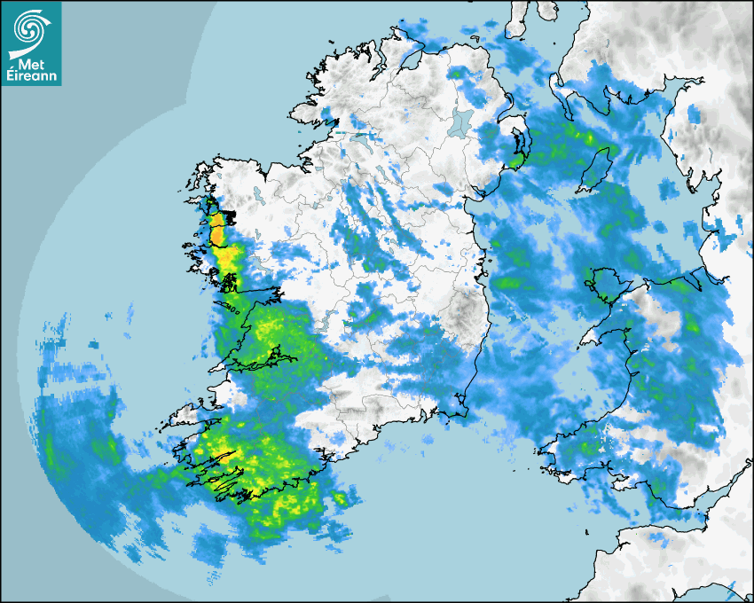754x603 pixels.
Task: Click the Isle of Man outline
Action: coord(595,169)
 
